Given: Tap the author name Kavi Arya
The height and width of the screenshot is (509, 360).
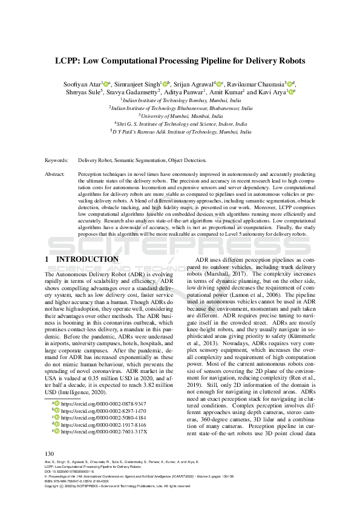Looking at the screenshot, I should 275,92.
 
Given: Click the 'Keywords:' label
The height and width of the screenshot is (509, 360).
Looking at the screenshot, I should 57,161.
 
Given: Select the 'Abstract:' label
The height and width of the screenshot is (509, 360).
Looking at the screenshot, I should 56,173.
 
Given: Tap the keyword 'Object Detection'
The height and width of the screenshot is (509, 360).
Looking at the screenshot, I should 188,161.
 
